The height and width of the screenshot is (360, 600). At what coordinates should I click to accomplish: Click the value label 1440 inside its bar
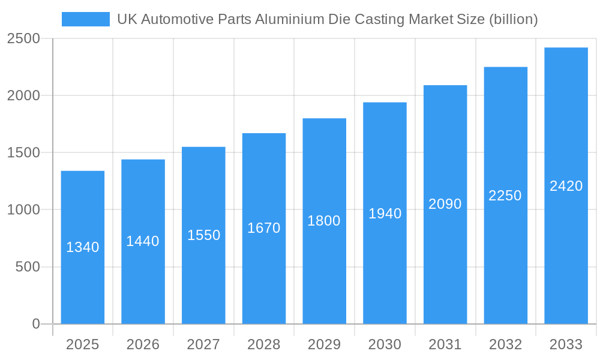[143, 241]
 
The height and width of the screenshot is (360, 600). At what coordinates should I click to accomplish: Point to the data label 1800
[324, 221]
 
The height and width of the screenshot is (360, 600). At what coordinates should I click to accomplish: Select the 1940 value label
[385, 214]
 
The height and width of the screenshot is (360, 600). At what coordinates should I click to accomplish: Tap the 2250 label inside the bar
[505, 196]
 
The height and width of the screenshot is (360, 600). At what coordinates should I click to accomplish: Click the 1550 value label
[203, 235]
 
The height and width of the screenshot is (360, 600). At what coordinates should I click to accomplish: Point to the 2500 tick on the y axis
[23, 39]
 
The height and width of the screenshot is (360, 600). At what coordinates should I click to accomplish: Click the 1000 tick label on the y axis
[23, 210]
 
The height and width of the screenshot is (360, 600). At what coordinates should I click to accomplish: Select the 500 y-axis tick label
[28, 267]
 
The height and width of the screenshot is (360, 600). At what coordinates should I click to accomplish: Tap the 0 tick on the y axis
[35, 324]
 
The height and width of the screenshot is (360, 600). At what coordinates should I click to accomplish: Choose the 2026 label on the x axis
[143, 344]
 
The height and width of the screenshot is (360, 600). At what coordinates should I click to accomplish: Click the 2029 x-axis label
[324, 344]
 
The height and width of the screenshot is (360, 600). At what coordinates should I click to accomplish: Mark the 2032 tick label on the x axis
[505, 344]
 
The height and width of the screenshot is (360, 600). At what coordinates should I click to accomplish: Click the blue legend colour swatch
[86, 19]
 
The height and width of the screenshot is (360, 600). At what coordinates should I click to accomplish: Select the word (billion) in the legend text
[513, 19]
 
